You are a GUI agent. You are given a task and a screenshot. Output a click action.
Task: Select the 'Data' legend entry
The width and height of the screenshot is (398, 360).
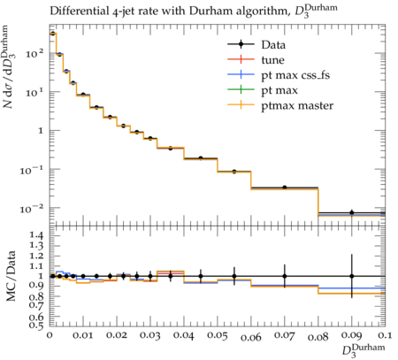coord(273,45)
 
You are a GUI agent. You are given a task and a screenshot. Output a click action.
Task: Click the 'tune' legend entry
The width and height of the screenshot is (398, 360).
coord(272,60)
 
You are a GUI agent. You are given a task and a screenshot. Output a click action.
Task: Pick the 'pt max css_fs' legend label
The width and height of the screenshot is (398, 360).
coord(295,75)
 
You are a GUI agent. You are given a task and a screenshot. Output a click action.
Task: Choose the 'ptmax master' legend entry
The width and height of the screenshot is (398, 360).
coord(297,105)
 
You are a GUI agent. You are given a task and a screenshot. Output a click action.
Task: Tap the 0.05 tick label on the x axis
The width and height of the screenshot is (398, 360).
coord(218,335)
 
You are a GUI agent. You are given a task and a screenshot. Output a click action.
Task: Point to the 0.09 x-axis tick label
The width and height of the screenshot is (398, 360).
coord(352,335)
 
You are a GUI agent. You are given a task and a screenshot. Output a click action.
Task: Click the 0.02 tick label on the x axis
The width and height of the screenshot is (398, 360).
coord(117,335)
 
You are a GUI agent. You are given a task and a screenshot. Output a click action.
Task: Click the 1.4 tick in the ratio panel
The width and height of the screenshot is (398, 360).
coord(37,235)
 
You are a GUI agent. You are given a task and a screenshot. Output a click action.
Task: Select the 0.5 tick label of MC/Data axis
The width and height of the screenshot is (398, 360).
coord(37,325)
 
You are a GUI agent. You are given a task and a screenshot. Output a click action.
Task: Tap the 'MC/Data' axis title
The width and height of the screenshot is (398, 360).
coord(11,276)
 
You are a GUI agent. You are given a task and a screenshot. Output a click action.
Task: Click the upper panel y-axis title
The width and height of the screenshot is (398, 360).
coord(10,67)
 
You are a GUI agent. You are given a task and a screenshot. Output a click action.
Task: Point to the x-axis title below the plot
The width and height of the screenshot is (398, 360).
coord(364,350)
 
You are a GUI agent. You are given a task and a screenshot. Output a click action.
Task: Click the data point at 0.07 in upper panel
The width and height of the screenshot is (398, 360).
coord(285,188)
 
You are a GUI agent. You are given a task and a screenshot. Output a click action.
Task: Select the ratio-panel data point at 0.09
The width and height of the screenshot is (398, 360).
coord(352,276)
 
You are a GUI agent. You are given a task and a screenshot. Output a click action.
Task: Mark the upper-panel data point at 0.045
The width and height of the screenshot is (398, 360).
coord(201,158)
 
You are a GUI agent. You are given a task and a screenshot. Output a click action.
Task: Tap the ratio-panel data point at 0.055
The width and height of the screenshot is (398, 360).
coord(234,276)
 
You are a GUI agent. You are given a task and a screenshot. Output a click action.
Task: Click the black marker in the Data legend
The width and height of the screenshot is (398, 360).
coord(241,44)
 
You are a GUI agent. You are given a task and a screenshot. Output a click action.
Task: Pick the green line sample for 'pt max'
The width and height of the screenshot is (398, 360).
coord(241,89)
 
